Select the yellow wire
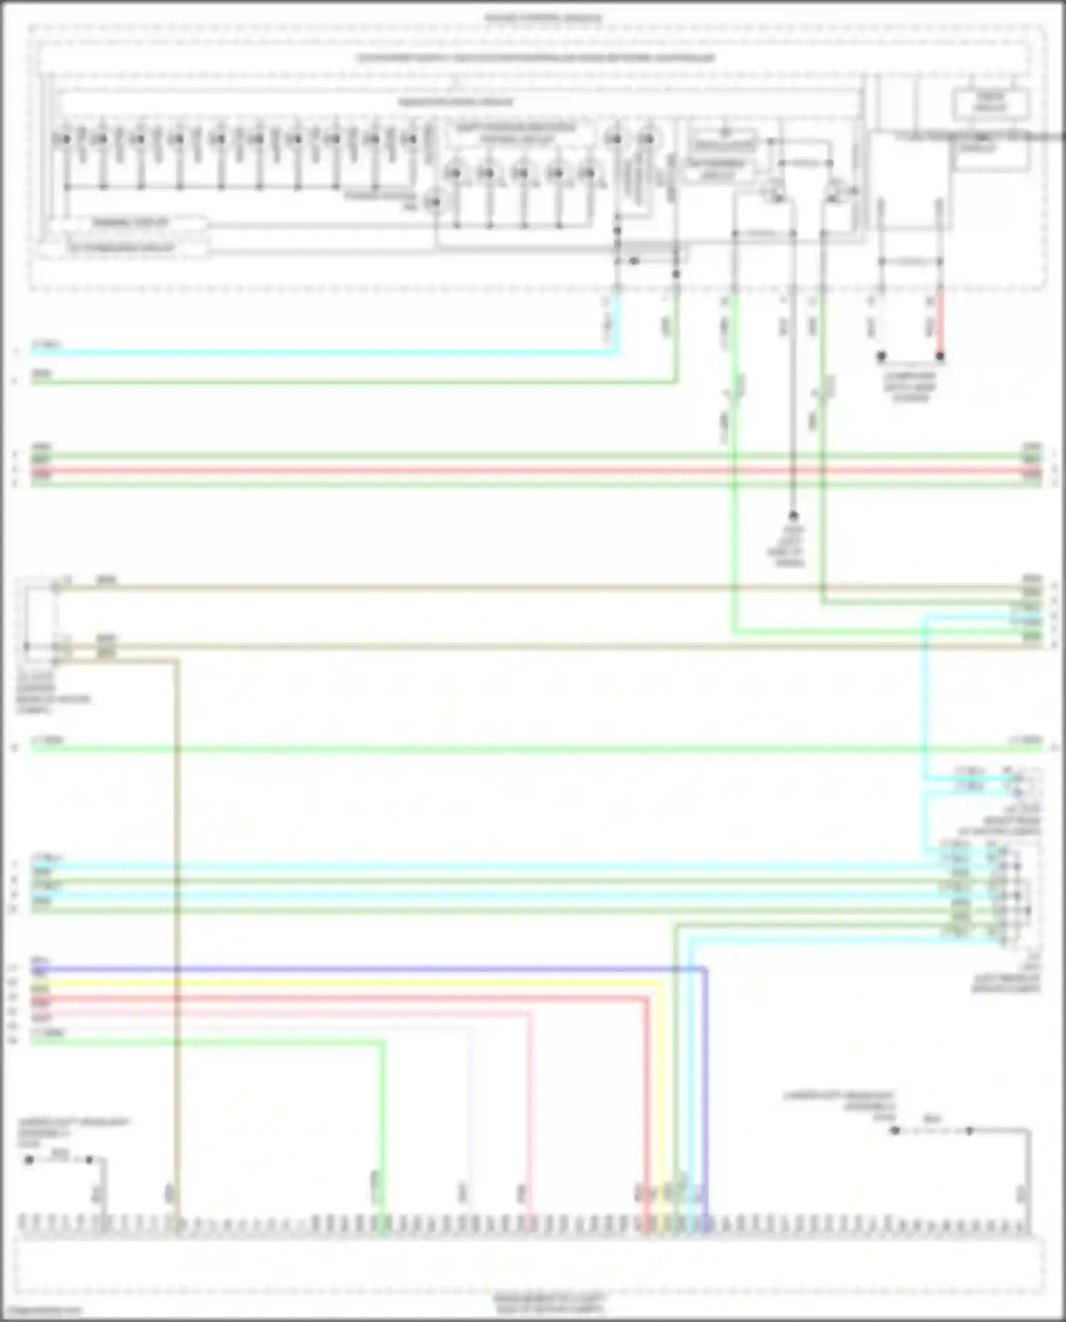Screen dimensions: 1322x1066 [355, 984]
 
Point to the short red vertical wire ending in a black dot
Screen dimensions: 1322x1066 [940, 323]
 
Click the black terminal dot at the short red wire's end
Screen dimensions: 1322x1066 [940, 356]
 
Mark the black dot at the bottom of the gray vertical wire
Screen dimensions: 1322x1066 [793, 516]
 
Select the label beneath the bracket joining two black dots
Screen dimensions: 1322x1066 [910, 387]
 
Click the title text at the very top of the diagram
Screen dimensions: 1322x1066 [543, 18]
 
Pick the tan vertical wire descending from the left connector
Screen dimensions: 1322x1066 [176, 923]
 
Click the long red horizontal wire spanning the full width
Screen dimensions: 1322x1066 [526, 470]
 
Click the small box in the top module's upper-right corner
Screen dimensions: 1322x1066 [991, 104]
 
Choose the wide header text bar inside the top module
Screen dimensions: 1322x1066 [537, 58]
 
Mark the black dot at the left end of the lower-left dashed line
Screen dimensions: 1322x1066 [29, 1160]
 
